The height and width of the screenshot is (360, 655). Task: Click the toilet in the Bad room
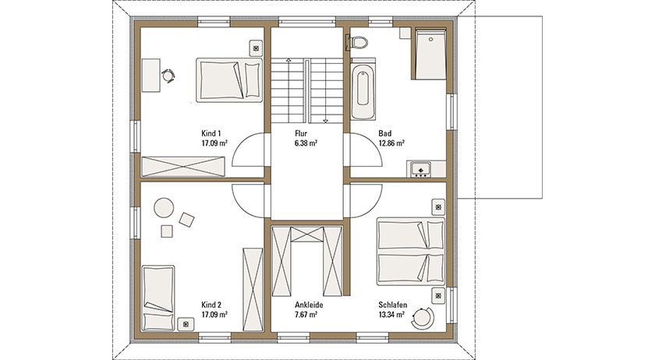coord(358,43)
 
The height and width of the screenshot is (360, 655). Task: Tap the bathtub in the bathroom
coord(363,89)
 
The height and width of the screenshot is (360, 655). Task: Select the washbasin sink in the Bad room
coord(420,169)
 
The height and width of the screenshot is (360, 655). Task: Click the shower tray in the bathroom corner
coord(430,54)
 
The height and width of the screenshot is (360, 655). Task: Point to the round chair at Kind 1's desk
coord(168,76)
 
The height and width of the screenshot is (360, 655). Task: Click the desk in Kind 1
coord(150,75)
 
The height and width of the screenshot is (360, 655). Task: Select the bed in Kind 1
coord(229,79)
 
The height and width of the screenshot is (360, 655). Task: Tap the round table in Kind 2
coord(164,207)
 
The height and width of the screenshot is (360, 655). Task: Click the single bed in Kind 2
coord(158,298)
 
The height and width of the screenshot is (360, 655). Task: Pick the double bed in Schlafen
coord(411,251)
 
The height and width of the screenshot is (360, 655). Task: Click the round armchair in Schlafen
coord(423,318)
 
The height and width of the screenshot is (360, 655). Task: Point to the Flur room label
coord(301,134)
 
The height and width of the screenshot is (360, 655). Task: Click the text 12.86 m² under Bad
coord(391,143)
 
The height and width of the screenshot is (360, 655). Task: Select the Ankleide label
coord(309,305)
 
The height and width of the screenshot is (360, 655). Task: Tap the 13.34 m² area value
coord(391,315)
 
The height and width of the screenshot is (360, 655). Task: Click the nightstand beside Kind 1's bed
coord(256,48)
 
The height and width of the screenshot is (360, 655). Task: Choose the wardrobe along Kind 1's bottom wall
coord(183,167)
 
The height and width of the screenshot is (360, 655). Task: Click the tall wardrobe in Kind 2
coord(253,289)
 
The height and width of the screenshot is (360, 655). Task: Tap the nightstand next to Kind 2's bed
coord(186,324)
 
